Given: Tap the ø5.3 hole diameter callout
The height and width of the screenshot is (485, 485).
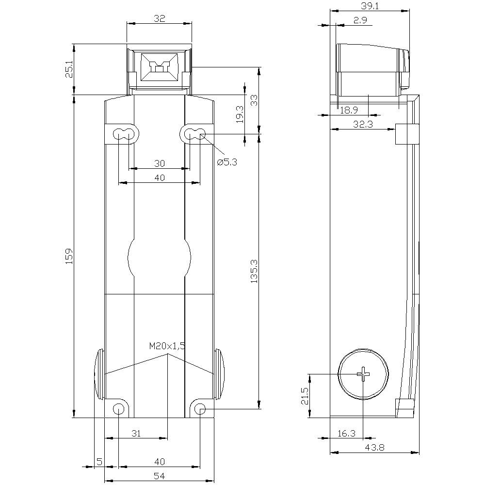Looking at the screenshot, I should [x=226, y=162].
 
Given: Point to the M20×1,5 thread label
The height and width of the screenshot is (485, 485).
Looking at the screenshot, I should [x=167, y=346].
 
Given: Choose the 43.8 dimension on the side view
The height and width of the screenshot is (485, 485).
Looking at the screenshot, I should [x=374, y=448].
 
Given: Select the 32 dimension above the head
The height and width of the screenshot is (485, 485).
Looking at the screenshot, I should [x=159, y=18].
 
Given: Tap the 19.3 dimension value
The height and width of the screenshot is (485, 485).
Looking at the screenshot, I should [x=239, y=115].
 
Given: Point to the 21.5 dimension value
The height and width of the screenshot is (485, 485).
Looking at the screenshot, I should [x=304, y=396].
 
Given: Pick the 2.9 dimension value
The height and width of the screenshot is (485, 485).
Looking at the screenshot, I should [x=360, y=20].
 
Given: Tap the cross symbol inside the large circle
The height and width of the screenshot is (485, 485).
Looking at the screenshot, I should [x=363, y=373].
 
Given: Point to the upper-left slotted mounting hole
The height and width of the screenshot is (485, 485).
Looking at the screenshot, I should [x=123, y=134].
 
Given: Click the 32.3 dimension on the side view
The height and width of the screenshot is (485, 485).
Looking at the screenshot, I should [x=363, y=124].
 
